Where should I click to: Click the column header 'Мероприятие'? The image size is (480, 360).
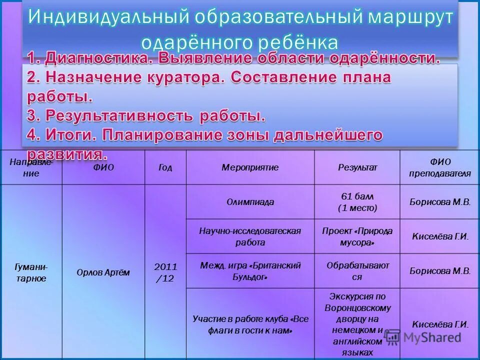(x=250, y=167)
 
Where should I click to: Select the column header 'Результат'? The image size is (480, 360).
(x=357, y=167)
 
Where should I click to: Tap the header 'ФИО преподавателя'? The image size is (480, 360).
(x=440, y=167)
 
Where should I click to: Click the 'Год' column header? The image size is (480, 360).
(x=165, y=167)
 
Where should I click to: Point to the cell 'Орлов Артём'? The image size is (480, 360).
(x=103, y=272)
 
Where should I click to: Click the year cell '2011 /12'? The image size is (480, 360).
(x=165, y=272)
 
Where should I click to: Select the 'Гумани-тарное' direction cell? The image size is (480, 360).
(x=31, y=273)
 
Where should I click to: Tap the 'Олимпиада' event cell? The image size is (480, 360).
(x=250, y=202)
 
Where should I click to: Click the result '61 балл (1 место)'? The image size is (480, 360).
(x=357, y=202)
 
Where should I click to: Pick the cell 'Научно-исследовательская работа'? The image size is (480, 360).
(x=250, y=236)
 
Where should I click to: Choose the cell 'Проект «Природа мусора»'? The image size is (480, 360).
(x=357, y=236)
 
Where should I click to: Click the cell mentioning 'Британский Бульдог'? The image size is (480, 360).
(x=250, y=271)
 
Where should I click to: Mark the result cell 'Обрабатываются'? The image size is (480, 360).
(x=357, y=271)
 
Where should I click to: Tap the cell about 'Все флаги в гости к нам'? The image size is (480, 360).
(x=250, y=324)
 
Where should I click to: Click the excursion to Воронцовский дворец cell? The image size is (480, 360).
(x=357, y=324)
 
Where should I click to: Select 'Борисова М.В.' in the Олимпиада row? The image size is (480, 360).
(x=440, y=202)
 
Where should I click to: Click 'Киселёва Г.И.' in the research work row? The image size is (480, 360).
(x=440, y=236)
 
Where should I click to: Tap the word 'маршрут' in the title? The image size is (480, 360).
(x=411, y=17)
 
